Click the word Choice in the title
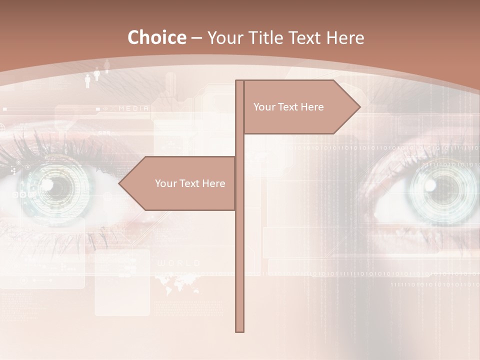tap(156, 38)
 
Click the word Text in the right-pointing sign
tap(288, 107)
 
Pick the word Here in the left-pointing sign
tap(213, 183)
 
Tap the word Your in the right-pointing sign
tap(264, 107)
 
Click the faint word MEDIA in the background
tap(133, 108)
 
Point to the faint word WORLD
tap(178, 263)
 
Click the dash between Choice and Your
tap(196, 38)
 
